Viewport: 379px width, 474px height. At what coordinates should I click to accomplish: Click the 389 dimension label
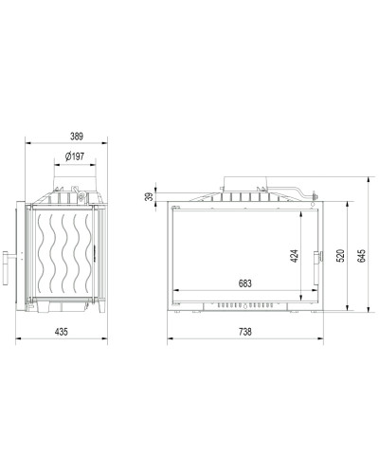pyautogui.click(x=77, y=137)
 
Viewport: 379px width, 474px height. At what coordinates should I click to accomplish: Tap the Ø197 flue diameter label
pyautogui.click(x=75, y=156)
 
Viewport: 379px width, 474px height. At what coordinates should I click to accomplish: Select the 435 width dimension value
pyautogui.click(x=62, y=332)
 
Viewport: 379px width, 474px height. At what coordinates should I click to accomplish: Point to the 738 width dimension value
pyautogui.click(x=245, y=332)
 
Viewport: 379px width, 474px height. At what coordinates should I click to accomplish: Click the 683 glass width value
pyautogui.click(x=245, y=283)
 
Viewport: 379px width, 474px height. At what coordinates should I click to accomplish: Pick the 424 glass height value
pyautogui.click(x=294, y=256)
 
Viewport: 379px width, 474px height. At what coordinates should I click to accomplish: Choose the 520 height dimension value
pyautogui.click(x=340, y=256)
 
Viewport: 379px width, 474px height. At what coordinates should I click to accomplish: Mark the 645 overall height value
pyautogui.click(x=362, y=256)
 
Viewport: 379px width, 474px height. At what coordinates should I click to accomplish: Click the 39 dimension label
pyautogui.click(x=151, y=196)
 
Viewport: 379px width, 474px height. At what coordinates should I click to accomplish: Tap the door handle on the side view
pyautogui.click(x=6, y=268)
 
